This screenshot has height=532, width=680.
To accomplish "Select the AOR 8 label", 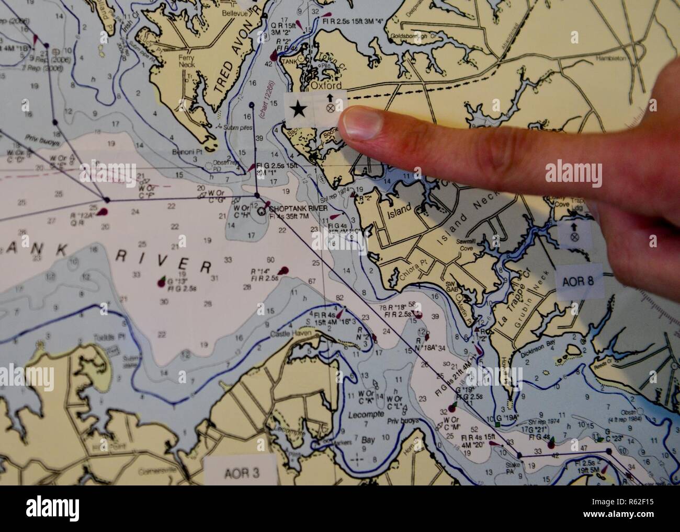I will tap(577, 281).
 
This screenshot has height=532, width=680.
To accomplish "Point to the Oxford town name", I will tap(326, 85).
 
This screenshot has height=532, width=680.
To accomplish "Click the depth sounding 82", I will tap(340, 297).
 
